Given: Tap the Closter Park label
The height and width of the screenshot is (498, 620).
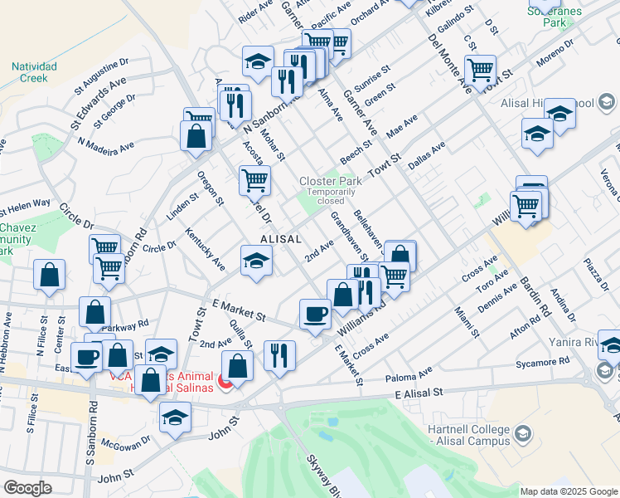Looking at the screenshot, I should [x=330, y=181].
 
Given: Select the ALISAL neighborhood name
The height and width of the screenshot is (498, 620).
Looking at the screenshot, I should [x=280, y=238].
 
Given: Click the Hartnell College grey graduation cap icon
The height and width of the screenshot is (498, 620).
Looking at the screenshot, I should [x=522, y=432].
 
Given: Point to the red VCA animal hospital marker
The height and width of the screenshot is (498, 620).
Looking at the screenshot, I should [x=222, y=385].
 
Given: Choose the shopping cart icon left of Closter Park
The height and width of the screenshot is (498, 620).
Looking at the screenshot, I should [x=254, y=179].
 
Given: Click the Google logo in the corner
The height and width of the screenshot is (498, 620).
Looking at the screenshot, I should [x=27, y=488].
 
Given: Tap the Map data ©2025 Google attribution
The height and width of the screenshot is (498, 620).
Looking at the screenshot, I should [x=569, y=491].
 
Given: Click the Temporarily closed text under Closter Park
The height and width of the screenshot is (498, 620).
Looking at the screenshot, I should [x=326, y=196].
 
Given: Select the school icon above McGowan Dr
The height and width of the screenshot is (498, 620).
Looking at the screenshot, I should [x=175, y=418].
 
